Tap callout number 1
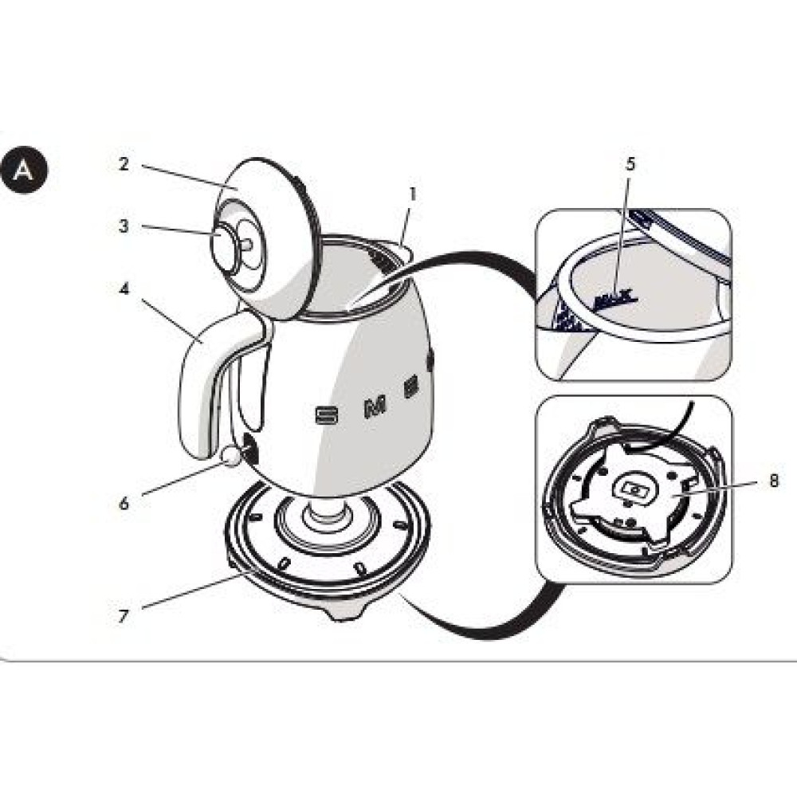tap(413, 194)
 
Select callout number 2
tap(124, 164)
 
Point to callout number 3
tap(124, 226)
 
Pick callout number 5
tap(630, 165)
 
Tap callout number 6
tap(124, 503)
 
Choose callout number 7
tap(124, 615)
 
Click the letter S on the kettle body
tap(326, 414)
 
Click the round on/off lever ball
tap(231, 456)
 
